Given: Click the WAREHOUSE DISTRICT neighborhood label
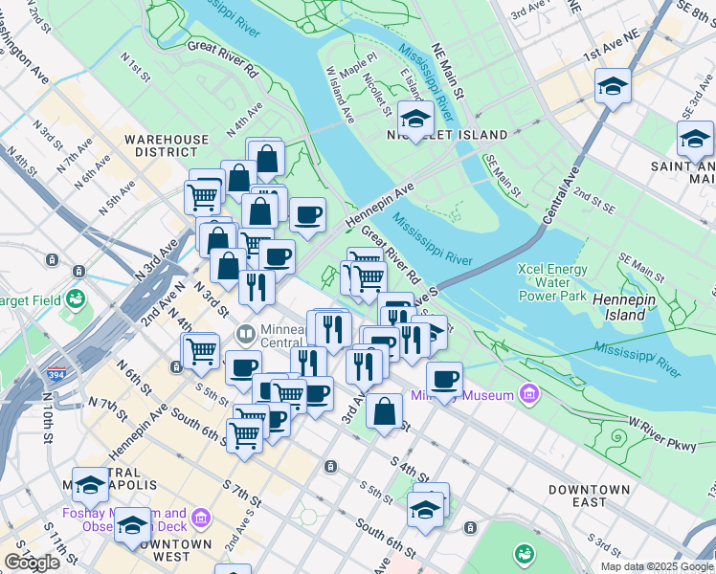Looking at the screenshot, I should pos(166,145).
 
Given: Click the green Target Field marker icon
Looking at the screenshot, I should pos(75,299).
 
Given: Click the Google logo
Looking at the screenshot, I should pos(32,563).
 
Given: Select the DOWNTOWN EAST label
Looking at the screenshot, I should pos(589,496).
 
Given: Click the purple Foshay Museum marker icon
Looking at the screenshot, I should pos(201,519).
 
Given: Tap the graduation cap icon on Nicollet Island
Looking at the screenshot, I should pos(415,119).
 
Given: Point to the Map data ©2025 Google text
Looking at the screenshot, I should pos(656,566).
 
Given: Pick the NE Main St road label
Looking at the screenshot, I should pos(447,70).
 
